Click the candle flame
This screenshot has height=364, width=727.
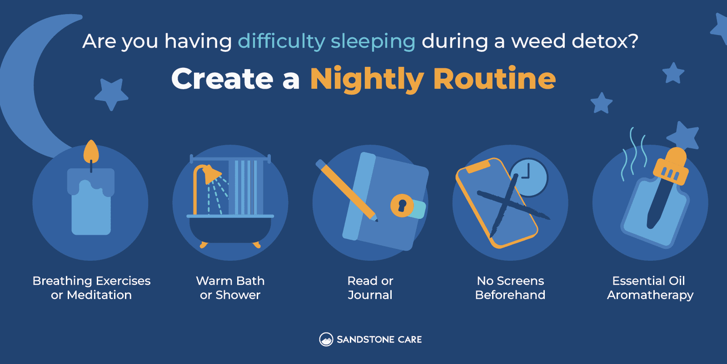91,152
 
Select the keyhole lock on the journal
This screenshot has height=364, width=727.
402,205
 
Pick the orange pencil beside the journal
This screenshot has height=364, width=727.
347,191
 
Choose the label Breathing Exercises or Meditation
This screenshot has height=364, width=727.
91,288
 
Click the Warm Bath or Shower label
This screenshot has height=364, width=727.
230,288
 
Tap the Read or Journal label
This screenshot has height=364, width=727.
370,288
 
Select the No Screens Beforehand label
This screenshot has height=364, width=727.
510,288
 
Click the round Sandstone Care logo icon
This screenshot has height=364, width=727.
326,339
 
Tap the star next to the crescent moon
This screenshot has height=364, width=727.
112,94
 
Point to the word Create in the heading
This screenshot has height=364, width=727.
222,79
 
